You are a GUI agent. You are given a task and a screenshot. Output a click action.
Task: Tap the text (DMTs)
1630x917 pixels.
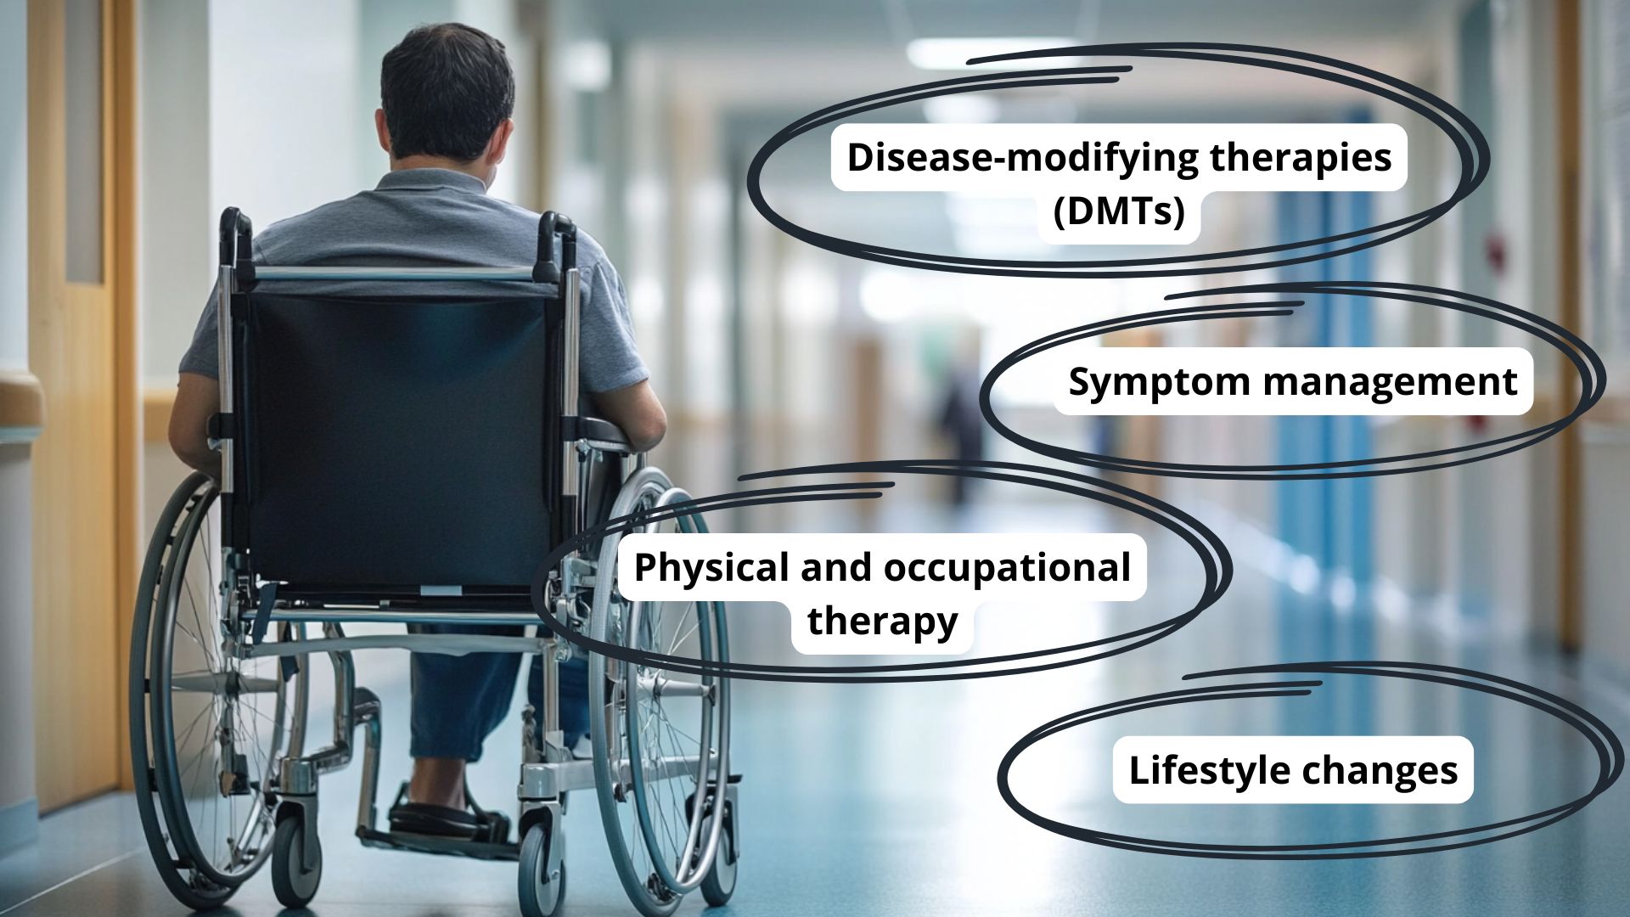coord(1119,211)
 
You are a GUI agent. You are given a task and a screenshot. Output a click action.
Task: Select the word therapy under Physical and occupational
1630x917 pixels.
coord(882,622)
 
